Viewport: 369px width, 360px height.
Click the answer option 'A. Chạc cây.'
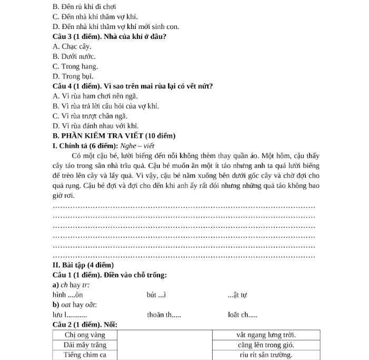72,47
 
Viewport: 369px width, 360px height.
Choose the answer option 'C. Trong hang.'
75,66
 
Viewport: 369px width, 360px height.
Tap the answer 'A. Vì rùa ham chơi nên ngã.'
95,96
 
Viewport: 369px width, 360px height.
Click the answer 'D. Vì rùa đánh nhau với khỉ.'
95,126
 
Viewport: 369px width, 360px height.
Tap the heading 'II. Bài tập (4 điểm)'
83,265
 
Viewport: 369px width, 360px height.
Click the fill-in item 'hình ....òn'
68,295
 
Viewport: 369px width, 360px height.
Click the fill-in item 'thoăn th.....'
164,315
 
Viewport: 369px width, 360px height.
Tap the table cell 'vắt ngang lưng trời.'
265,335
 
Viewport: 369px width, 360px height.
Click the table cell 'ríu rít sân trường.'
265,355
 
